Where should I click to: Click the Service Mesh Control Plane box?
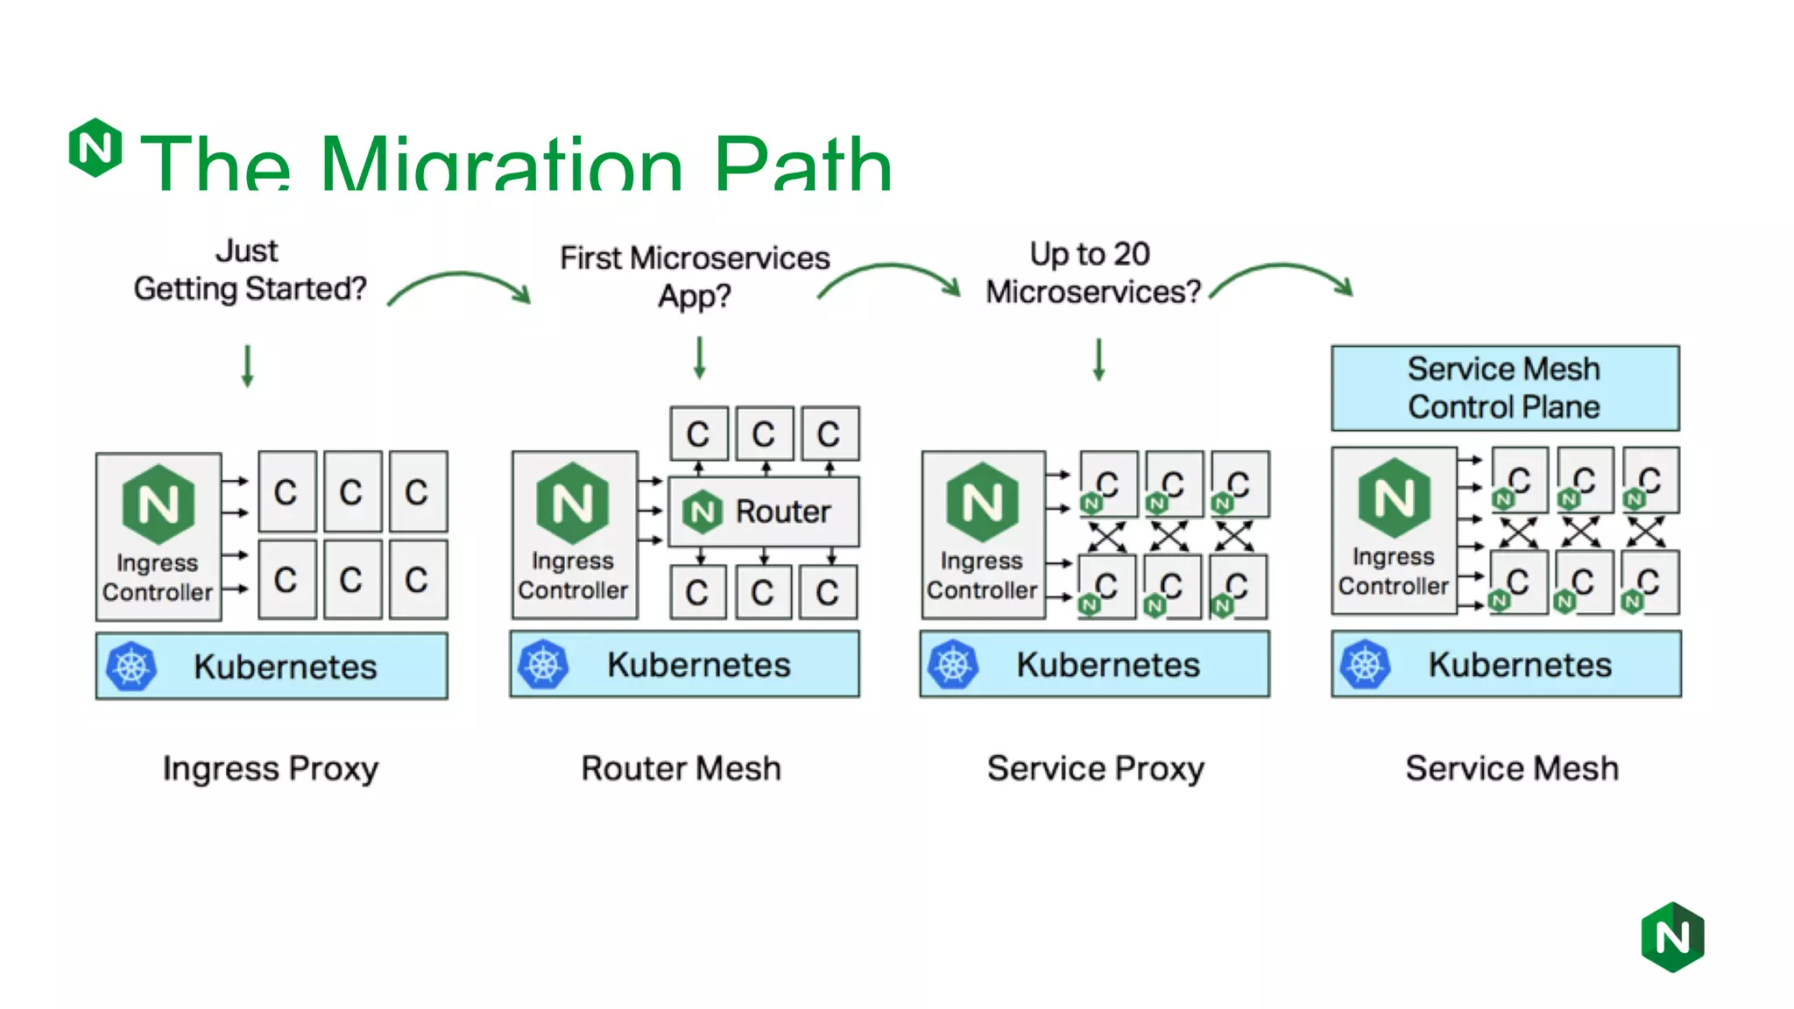1504,388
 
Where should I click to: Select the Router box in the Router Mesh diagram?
764,512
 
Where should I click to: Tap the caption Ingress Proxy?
271,768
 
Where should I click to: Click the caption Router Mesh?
681,768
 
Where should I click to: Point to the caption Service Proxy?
1095,768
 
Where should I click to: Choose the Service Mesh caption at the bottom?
1512,768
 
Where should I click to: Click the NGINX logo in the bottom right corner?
1672,937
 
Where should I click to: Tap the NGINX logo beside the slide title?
95,147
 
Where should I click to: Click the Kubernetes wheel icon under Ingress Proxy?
131,667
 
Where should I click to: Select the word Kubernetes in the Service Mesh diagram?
1520,665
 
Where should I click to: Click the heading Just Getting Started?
249,270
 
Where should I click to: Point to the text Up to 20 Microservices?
1091,272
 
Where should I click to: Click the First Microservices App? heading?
694,276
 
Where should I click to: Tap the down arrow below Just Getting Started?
248,366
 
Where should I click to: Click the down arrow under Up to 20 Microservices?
1098,359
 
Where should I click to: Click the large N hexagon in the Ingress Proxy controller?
159,504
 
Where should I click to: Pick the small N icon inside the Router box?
703,512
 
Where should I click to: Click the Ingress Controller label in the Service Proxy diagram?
982,575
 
